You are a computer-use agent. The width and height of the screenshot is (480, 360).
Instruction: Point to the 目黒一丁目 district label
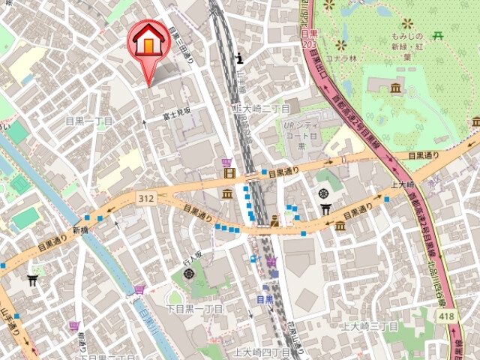click(90, 121)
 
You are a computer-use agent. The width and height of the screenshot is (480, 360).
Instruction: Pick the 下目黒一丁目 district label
click(194, 308)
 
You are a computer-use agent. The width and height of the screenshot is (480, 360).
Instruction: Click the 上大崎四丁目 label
click(261, 351)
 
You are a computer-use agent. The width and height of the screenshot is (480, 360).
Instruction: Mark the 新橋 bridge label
click(80, 229)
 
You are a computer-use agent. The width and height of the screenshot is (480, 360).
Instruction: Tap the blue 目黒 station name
click(265, 298)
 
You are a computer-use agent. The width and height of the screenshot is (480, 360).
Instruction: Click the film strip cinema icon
click(229, 174)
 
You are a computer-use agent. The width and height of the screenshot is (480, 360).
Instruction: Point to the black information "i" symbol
click(239, 57)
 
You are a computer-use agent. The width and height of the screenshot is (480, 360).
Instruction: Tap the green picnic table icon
click(437, 34)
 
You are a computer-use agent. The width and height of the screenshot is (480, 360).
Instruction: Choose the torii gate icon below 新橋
click(32, 280)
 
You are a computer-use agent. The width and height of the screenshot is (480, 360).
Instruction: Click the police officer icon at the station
click(276, 220)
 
